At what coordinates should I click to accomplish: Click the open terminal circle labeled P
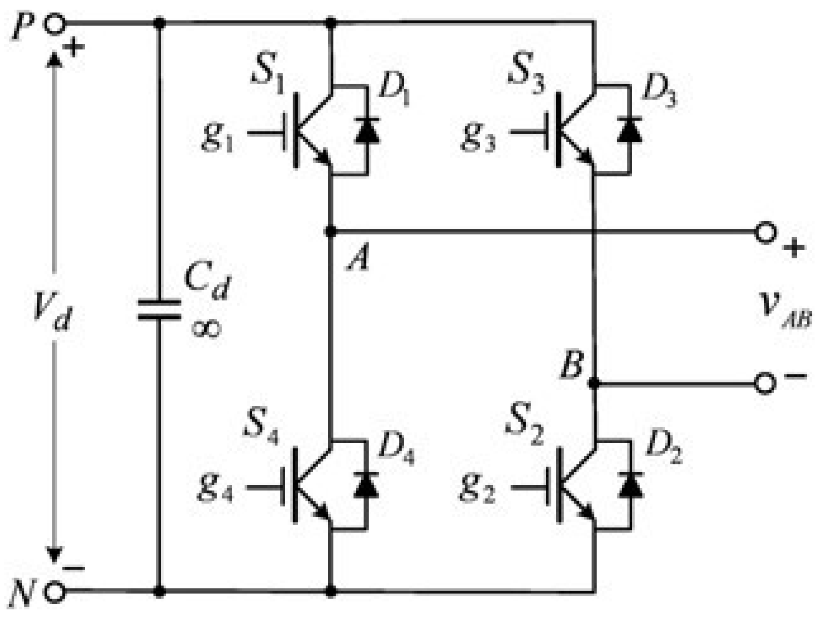coord(55,24)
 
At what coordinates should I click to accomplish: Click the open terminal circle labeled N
coord(55,592)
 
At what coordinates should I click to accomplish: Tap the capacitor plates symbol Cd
coord(159,310)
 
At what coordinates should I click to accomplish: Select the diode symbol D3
coord(630,130)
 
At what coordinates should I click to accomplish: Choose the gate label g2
coord(477,489)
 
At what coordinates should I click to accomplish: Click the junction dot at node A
coord(330,232)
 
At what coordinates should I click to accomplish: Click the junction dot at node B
coord(594,383)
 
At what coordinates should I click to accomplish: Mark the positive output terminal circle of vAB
coord(765,232)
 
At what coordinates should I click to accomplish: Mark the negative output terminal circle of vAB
coord(765,383)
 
